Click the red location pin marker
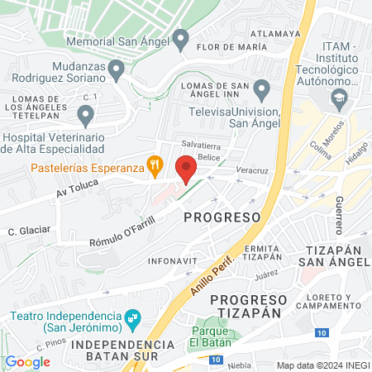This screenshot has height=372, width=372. coord(186,168)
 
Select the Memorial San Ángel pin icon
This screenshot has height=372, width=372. coord(181,38)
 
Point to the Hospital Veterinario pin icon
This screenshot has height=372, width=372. coord(85,115)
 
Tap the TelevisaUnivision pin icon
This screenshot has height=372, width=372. coord(262,88)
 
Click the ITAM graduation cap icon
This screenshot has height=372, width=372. coord(339,98)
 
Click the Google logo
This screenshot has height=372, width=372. coord(27,361)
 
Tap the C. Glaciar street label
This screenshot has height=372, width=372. coord(29,230)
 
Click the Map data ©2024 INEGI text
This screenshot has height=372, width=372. coord(322,365)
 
